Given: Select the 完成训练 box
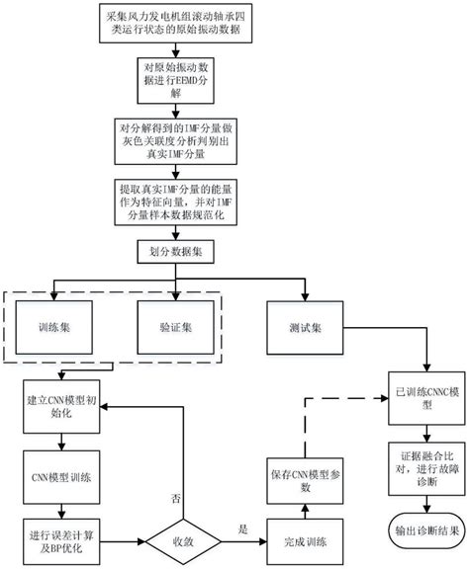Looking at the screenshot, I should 307,539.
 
